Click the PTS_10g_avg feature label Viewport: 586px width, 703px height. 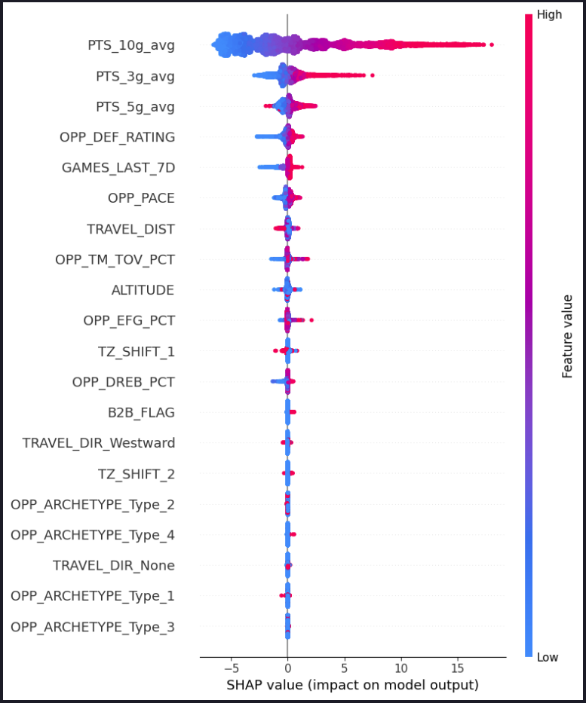pos(130,45)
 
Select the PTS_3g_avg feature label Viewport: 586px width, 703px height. pos(135,76)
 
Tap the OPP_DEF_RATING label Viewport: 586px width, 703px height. pos(117,137)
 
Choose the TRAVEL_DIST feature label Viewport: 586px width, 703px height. pos(130,228)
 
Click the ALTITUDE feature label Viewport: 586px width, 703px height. pos(143,289)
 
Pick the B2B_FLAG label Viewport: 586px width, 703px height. pos(141,412)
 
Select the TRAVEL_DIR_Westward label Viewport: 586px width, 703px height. pos(98,442)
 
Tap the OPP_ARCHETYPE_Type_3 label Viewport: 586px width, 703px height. pos(92,626)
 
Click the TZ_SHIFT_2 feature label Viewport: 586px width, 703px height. pos(136,473)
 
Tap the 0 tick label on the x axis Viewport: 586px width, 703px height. pos(287,668)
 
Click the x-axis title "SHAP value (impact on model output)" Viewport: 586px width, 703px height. pos(353,686)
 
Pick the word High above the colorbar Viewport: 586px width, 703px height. pos(549,14)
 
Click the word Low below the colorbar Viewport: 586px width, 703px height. pos(548,657)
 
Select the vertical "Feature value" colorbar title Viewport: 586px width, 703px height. pos(567,336)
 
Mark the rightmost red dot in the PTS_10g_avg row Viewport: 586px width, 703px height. pos(492,45)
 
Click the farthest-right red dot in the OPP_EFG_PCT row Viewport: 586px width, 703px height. pos(311,320)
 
